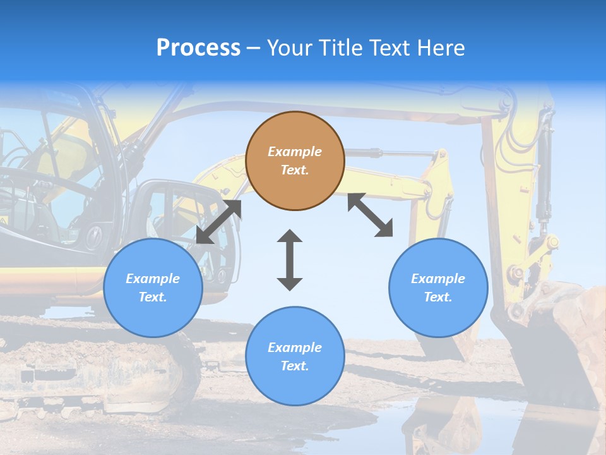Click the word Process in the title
[x=198, y=48]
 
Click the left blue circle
[x=153, y=288]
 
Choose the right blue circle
[x=438, y=288]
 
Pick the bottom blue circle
[x=295, y=356]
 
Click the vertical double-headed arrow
[x=290, y=260]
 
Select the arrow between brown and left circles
[x=218, y=222]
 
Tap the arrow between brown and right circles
[x=370, y=215]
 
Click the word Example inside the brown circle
[x=295, y=152]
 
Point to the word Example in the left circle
[x=153, y=279]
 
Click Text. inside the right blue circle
[x=438, y=297]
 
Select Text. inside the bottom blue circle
[x=295, y=366]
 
